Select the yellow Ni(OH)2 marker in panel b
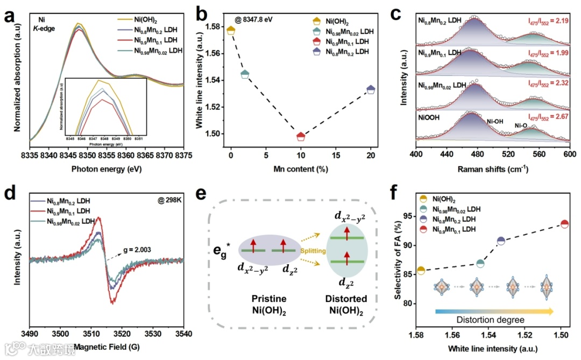231,30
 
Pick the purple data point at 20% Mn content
371,89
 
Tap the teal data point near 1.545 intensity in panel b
245,74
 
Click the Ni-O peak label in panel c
522,125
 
